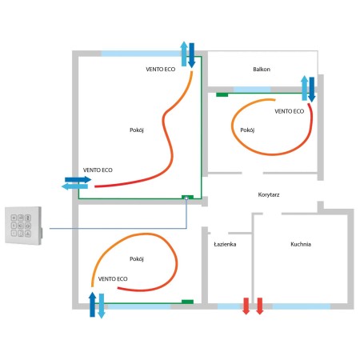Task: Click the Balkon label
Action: (x=262, y=70)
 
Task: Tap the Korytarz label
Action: (x=269, y=194)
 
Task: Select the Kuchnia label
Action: (x=301, y=244)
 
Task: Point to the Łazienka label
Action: (x=225, y=244)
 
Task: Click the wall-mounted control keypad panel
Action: (x=24, y=226)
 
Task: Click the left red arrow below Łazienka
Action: (x=246, y=306)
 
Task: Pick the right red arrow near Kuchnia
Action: (x=260, y=306)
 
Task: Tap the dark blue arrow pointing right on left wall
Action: (x=78, y=180)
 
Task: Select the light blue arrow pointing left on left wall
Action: (x=74, y=186)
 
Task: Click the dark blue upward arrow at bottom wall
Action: (x=92, y=304)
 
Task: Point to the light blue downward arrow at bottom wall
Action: (x=102, y=306)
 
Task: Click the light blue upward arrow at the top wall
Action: (x=184, y=54)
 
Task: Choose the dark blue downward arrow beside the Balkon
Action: (x=311, y=90)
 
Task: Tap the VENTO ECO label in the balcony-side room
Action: (x=290, y=111)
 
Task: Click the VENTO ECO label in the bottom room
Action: (x=113, y=279)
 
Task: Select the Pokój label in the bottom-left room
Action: (x=137, y=259)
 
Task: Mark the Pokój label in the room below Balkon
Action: (x=247, y=130)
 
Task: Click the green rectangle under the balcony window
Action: (x=222, y=94)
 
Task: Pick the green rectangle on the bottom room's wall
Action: (x=187, y=302)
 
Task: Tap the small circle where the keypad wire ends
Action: (x=186, y=198)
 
